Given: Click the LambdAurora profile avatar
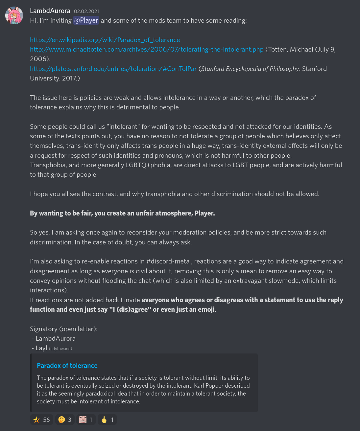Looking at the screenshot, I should [14, 15].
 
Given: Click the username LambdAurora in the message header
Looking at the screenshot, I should [50, 11].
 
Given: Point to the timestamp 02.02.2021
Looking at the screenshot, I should [86, 11].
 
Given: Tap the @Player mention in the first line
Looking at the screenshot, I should [86, 20].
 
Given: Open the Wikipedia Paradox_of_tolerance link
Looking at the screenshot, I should [105, 40].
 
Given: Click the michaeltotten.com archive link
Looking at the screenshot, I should [147, 49].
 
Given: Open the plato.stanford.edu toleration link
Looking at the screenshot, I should [113, 69].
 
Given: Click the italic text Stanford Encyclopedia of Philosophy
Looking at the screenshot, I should [250, 69].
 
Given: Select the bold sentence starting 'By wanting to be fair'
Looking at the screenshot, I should [122, 213].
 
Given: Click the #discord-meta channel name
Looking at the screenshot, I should [168, 261].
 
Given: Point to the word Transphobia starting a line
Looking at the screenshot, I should [48, 165].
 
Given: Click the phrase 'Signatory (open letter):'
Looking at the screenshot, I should [64, 329].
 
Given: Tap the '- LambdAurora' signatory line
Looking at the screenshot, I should [54, 338].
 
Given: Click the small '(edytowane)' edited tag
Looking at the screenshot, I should [60, 349].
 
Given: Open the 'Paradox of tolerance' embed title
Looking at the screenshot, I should [67, 366].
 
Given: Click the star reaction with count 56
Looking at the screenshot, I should [41, 420].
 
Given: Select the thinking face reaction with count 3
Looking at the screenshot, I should [65, 420].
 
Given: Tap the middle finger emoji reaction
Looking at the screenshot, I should [107, 420].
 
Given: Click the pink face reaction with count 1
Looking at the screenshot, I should [86, 420].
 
